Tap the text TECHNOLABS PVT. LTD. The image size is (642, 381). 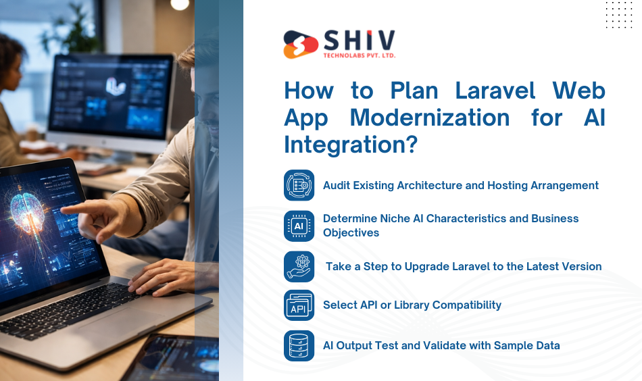pyautogui.click(x=358, y=55)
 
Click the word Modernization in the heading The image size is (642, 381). pyautogui.click(x=430, y=118)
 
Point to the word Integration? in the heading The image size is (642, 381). pyautogui.click(x=349, y=144)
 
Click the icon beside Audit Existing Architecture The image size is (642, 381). pyautogui.click(x=299, y=185)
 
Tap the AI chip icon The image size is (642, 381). pyautogui.click(x=299, y=226)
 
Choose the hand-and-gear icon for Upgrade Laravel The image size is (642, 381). pyautogui.click(x=299, y=266)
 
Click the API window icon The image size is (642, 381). pyautogui.click(x=299, y=305)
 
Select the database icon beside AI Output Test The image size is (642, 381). pyautogui.click(x=299, y=345)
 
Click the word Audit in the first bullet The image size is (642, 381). pyautogui.click(x=337, y=185)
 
